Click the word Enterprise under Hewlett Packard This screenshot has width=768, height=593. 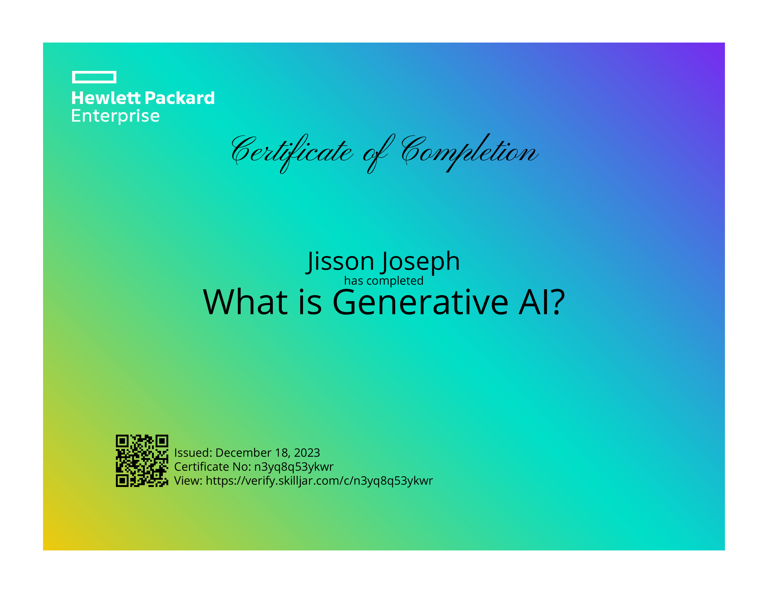click(115, 116)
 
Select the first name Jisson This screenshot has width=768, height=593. click(340, 262)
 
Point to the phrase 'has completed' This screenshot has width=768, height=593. click(384, 281)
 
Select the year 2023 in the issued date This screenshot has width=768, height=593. click(307, 453)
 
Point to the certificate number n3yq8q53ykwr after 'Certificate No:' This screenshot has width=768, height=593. click(294, 467)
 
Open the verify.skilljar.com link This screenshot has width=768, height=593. click(319, 481)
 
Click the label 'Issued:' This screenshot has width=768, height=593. click(193, 453)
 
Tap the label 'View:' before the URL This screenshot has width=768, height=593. click(188, 481)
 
